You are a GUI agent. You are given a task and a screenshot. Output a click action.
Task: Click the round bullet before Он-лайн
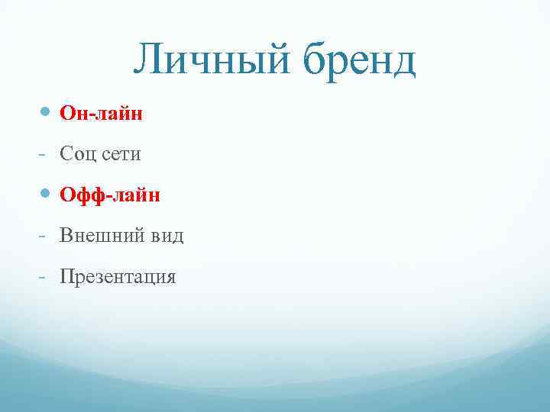coord(45,113)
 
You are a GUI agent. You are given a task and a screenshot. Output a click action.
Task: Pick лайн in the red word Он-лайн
coord(118,114)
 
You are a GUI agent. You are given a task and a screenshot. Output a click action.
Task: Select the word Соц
coord(79,154)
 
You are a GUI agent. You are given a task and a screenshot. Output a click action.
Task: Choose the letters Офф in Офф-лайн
coord(83,195)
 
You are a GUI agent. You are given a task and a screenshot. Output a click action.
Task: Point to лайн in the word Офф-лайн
coord(136,195)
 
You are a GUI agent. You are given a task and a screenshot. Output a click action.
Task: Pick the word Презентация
coord(118,276)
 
